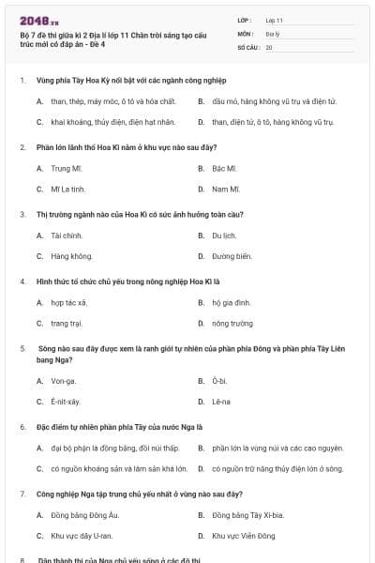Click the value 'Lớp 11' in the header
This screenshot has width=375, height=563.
pyautogui.click(x=274, y=19)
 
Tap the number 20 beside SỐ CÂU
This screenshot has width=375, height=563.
pyautogui.click(x=269, y=46)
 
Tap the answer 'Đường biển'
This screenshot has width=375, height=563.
pyautogui.click(x=232, y=256)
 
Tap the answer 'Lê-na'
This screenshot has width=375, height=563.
pyautogui.click(x=221, y=402)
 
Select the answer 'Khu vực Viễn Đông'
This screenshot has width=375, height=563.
pyautogui.click(x=243, y=536)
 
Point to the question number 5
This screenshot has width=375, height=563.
pyautogui.click(x=22, y=348)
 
